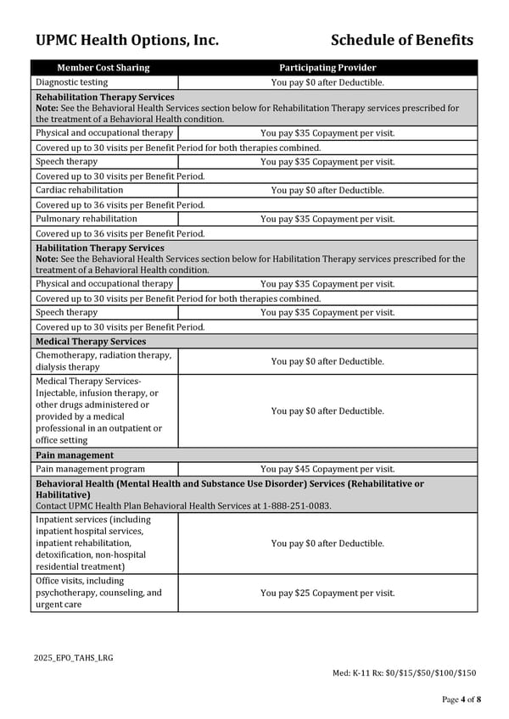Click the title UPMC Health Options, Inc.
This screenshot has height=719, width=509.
point(127,40)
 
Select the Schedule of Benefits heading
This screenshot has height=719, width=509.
point(401,40)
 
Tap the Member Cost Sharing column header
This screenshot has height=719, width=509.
point(103,68)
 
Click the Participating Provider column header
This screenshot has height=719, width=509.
point(327,68)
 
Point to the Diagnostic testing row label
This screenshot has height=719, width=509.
point(71,82)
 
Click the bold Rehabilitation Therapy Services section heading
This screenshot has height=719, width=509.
point(104,98)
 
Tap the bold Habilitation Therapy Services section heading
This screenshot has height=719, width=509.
point(99,248)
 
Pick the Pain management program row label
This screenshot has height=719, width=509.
point(90,469)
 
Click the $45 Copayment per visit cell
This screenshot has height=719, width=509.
point(327,469)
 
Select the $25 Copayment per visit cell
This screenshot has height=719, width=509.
point(327,593)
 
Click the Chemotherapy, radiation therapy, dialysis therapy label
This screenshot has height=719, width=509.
point(103,361)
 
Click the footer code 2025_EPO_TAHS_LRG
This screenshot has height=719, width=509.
point(74,657)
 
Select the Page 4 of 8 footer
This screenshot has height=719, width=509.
point(461,699)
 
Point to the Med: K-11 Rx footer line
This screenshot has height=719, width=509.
point(404,673)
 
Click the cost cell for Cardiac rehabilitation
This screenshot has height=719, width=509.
point(327,190)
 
